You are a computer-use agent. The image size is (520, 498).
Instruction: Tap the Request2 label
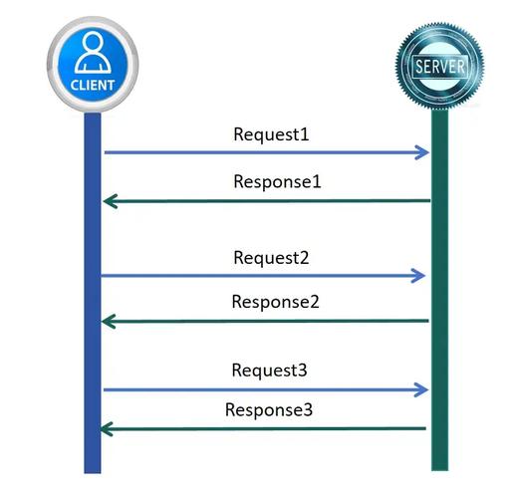[271, 257]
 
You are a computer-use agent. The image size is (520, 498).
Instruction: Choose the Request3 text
[270, 371]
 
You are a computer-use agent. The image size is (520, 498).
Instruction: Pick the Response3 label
[269, 409]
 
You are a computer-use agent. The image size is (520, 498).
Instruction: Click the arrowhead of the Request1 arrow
[423, 152]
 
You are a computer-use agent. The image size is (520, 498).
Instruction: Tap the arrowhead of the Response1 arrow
[109, 201]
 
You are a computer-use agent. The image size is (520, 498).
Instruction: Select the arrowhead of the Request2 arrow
[421, 276]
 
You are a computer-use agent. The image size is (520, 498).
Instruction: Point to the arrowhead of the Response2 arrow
[109, 321]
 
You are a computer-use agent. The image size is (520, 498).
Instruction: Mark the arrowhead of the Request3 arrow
[422, 389]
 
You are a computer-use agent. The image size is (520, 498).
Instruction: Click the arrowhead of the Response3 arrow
[109, 428]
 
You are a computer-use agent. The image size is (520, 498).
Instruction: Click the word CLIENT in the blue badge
[92, 85]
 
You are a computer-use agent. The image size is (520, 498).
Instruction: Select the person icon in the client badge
[92, 52]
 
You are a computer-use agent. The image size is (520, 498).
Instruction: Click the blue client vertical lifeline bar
[92, 299]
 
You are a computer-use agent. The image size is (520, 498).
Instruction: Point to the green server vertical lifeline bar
[439, 299]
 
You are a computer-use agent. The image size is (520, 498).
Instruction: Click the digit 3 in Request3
[303, 371]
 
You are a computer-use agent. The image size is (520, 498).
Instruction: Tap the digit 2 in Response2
[313, 302]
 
